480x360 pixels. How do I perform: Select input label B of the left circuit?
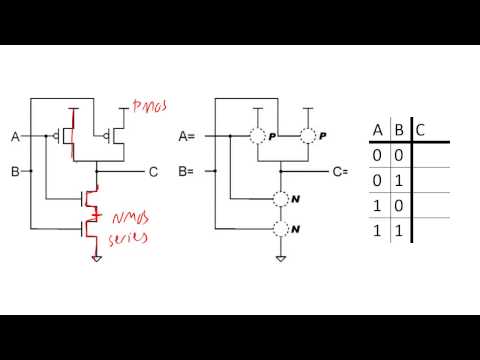(x=15, y=172)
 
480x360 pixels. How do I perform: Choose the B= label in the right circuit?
(x=186, y=172)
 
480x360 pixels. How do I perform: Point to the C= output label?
(x=340, y=172)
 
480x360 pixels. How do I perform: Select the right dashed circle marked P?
(x=309, y=136)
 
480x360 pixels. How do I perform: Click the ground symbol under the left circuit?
(x=97, y=258)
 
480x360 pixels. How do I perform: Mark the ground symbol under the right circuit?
(x=277, y=258)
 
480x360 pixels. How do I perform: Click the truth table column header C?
(x=419, y=130)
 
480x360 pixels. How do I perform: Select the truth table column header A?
(x=378, y=130)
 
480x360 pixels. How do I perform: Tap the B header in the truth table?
(x=399, y=130)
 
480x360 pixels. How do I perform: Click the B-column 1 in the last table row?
(x=399, y=231)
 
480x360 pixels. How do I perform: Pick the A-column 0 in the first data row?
(x=377, y=156)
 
